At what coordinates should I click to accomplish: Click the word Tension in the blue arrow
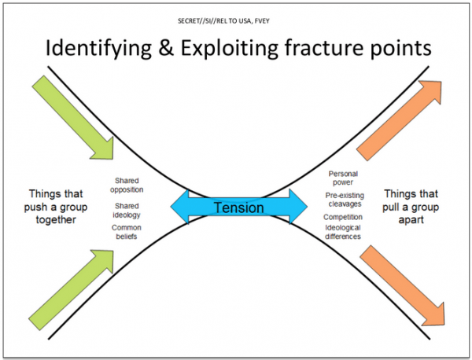click(238, 208)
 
